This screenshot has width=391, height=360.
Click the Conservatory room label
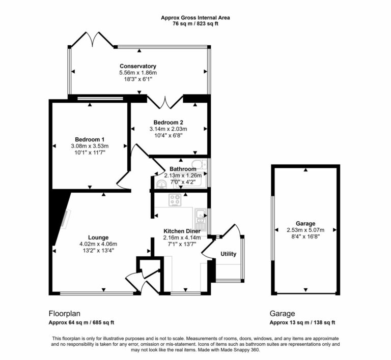tap(137, 66)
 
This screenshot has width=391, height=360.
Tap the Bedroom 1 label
tap(90, 139)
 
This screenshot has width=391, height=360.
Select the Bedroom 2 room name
tap(168, 122)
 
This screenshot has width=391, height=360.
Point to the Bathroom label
tap(183, 169)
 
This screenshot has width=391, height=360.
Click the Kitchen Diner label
tap(182, 231)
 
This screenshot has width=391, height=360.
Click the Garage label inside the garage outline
tap(305, 223)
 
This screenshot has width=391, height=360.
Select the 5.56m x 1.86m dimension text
tap(137, 73)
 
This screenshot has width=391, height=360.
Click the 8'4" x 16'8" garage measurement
tap(305, 236)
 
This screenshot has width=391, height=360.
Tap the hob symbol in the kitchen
tap(176, 200)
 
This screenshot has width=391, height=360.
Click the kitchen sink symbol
tap(199, 217)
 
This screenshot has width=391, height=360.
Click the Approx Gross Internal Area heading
tap(195, 17)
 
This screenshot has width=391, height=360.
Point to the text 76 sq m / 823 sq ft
tap(195, 24)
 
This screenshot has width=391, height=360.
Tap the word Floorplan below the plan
tap(65, 314)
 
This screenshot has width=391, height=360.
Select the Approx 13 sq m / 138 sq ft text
tap(302, 323)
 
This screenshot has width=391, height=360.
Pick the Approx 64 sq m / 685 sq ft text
tap(81, 323)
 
